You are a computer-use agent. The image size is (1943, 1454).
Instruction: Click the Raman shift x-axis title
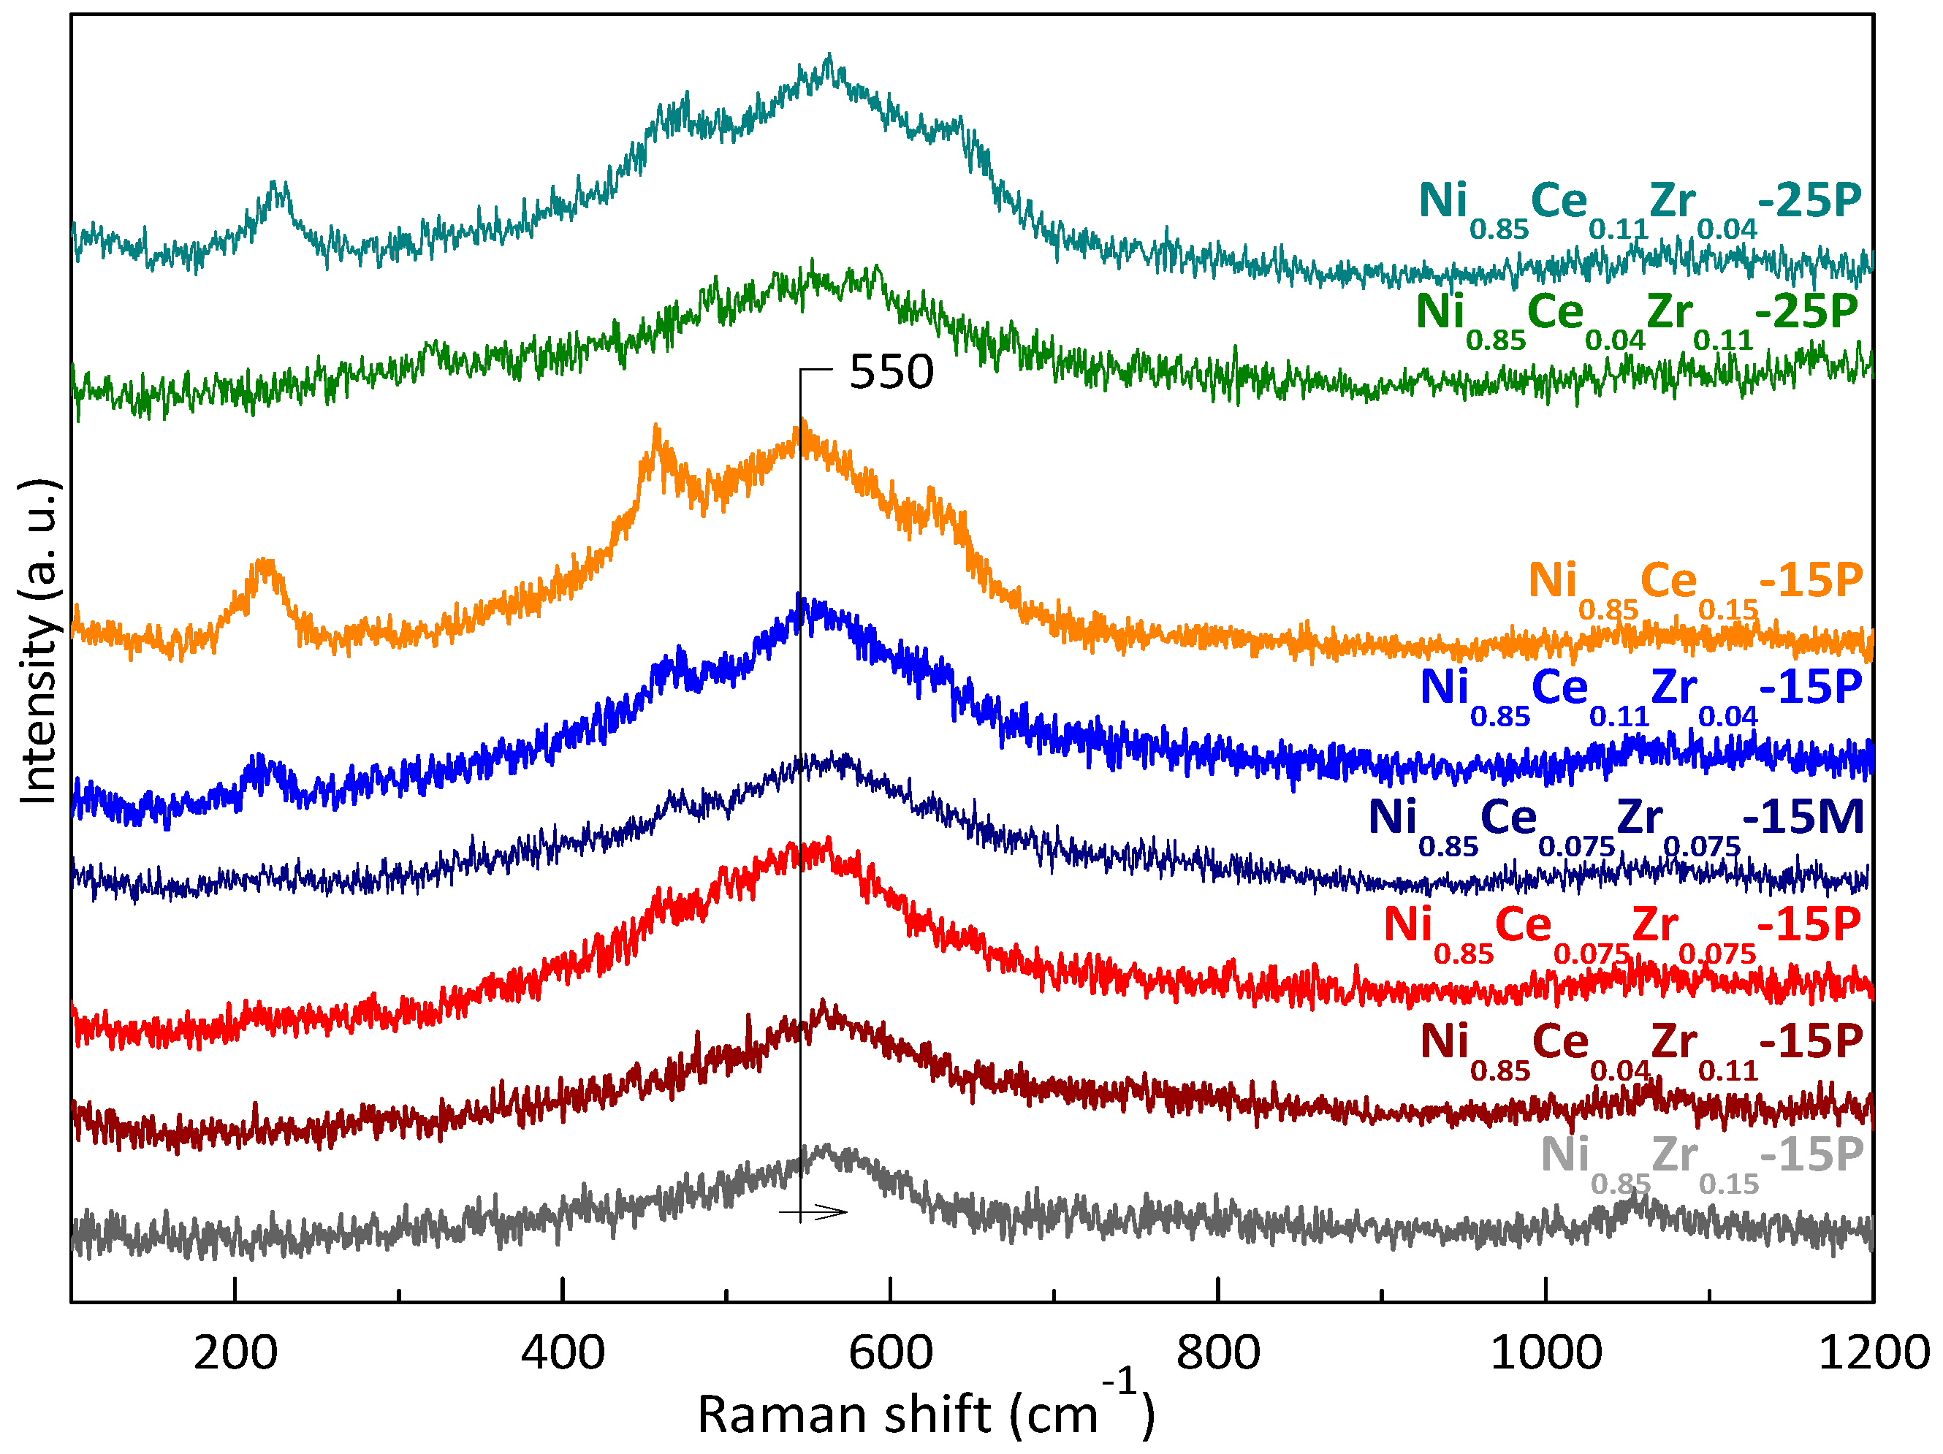coord(926,1415)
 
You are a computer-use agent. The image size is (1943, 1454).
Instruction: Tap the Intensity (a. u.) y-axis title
coord(39,642)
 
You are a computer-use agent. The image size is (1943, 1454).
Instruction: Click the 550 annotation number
coord(891,373)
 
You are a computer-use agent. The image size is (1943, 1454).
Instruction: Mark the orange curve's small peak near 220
coord(265,565)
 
